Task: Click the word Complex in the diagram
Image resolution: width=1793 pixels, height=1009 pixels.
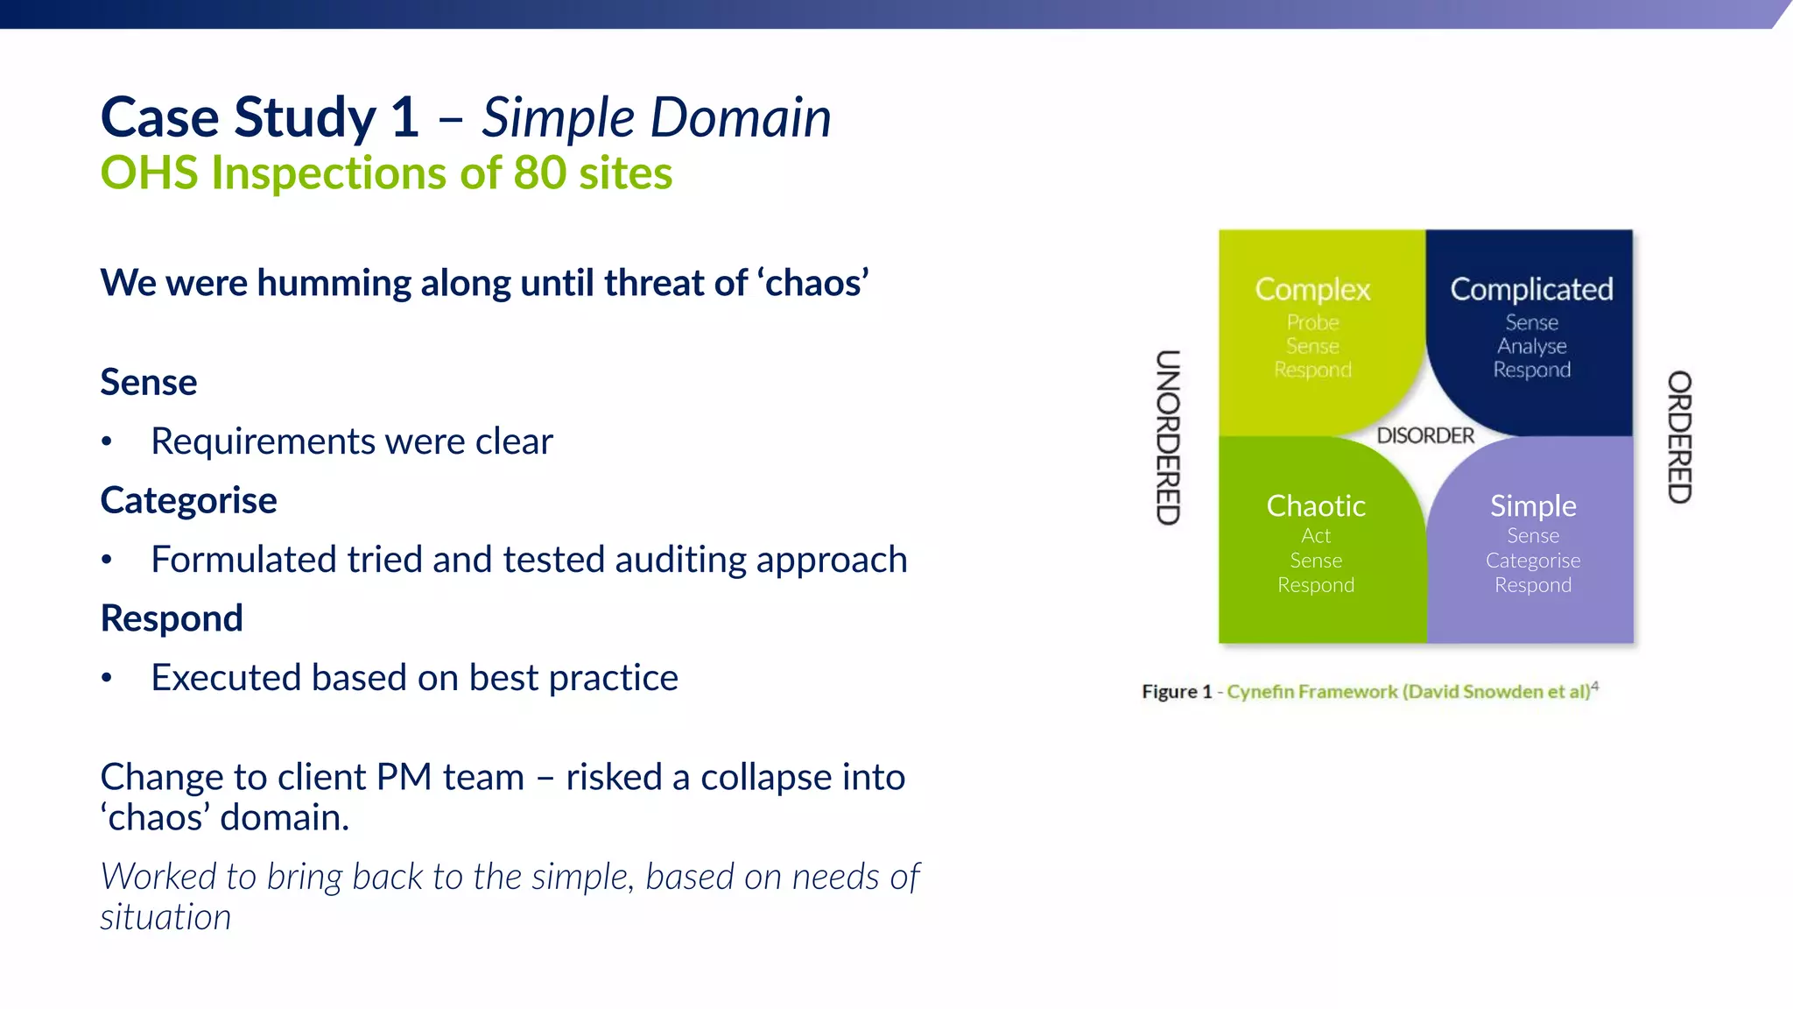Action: (1312, 289)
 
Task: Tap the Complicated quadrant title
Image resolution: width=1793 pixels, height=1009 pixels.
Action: (1531, 289)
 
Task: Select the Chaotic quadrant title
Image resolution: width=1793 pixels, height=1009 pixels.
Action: (1316, 505)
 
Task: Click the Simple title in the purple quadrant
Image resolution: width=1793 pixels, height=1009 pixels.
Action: (1533, 505)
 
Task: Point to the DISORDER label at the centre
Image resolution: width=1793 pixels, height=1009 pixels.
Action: (1425, 435)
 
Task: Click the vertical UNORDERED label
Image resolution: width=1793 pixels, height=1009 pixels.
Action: (1168, 437)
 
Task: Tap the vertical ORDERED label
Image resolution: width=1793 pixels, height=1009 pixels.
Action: (1679, 437)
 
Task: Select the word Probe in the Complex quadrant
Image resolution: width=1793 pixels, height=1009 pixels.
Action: (1312, 322)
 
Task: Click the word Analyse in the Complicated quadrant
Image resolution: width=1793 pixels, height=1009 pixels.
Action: (1531, 346)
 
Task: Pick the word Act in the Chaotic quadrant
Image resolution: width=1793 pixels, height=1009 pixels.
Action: (1316, 535)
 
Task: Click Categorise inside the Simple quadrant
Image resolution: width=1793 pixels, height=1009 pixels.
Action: (1533, 560)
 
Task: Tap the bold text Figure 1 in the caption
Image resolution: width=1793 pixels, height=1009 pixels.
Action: (1177, 692)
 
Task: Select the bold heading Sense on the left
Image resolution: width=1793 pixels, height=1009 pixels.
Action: (149, 383)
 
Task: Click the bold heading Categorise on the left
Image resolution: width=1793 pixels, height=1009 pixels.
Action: (188, 500)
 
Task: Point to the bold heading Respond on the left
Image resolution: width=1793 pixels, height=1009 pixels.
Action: (172, 618)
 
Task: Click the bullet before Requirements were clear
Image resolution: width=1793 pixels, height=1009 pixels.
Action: (107, 442)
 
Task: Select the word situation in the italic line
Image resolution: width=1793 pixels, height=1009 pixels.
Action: (165, 917)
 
